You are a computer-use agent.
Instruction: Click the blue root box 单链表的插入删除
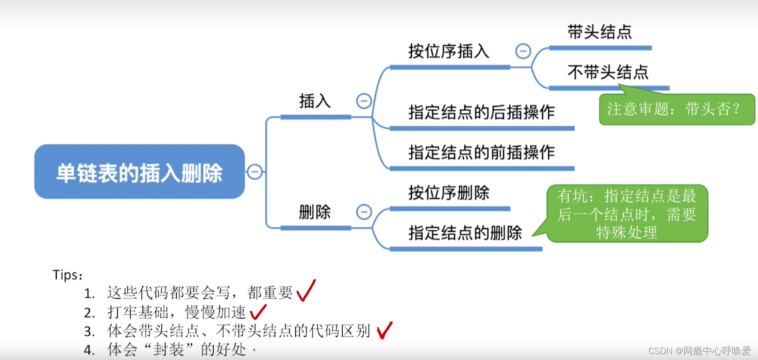click(139, 171)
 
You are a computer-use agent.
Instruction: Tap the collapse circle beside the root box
click(255, 171)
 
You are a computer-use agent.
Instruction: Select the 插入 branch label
click(315, 101)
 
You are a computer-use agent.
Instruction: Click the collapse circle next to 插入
click(364, 101)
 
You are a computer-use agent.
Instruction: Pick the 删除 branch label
click(315, 212)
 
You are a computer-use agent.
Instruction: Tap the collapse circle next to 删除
click(364, 212)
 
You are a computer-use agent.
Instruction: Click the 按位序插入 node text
click(449, 51)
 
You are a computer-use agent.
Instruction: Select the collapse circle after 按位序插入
click(523, 51)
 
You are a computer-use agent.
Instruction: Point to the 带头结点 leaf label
click(600, 32)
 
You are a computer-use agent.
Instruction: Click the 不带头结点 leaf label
click(608, 72)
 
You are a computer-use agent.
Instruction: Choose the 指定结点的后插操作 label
click(481, 112)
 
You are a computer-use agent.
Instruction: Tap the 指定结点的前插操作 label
click(481, 153)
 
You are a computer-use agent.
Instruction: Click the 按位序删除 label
click(449, 193)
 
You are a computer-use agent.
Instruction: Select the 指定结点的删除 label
click(465, 233)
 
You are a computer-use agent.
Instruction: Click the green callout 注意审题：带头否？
click(677, 109)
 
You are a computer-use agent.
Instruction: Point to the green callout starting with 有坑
click(627, 214)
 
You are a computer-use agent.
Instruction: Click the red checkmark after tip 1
click(306, 291)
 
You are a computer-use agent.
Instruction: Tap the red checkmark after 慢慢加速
click(258, 311)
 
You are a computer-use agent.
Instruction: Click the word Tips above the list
click(68, 275)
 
